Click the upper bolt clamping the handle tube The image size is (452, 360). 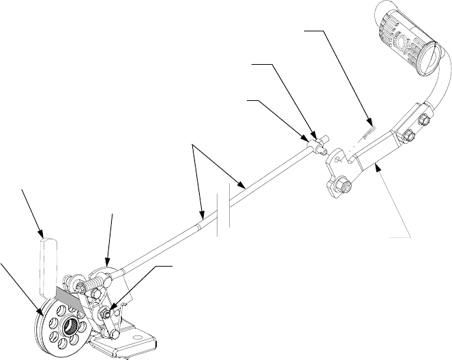421,119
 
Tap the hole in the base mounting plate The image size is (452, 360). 145,336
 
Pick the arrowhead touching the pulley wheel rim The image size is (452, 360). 42,312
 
